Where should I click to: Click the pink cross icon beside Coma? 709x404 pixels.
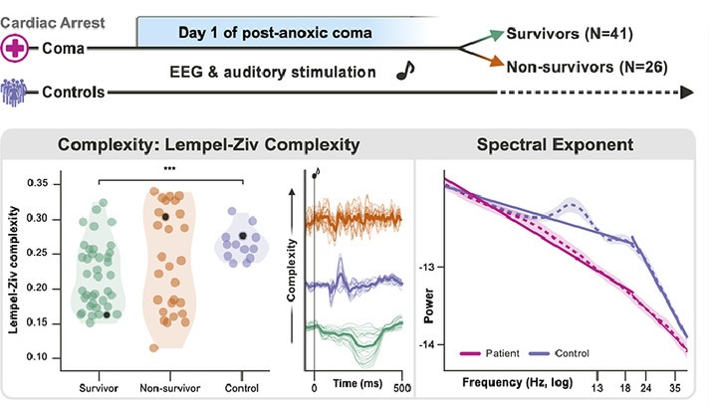[15, 48]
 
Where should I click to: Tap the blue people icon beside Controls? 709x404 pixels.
[15, 92]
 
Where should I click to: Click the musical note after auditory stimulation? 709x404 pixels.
[404, 71]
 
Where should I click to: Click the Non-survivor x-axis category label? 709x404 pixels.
[165, 386]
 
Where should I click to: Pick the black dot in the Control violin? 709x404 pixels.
[244, 236]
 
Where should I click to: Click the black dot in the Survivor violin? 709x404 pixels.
[107, 314]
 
